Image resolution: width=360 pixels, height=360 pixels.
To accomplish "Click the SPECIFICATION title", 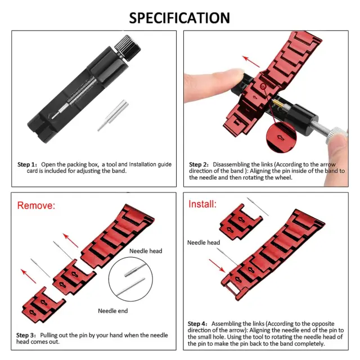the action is pyautogui.click(x=179, y=18).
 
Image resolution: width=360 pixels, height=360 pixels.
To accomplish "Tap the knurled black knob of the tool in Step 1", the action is pyautogui.click(x=128, y=48).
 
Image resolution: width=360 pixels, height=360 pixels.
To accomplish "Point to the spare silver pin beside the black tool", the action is pyautogui.click(x=112, y=115).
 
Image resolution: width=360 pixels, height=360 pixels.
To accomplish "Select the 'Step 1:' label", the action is pyautogui.click(x=27, y=164).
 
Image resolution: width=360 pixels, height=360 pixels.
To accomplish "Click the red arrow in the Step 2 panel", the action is pyautogui.click(x=251, y=61).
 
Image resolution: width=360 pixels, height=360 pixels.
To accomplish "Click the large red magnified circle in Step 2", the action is pyautogui.click(x=281, y=137).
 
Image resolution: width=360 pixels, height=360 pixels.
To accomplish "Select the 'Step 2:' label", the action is pyautogui.click(x=199, y=164).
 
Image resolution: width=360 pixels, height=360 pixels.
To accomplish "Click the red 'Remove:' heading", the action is pyautogui.click(x=36, y=205).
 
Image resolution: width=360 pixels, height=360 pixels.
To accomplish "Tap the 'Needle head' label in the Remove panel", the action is pyautogui.click(x=146, y=251).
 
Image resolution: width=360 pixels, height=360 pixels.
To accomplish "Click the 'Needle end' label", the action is pyautogui.click(x=112, y=311).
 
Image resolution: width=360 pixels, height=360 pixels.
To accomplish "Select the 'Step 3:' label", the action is pyautogui.click(x=26, y=335).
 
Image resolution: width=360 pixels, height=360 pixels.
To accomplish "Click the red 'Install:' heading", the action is pyautogui.click(x=202, y=204).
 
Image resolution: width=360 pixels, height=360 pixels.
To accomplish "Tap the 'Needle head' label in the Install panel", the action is pyautogui.click(x=204, y=242).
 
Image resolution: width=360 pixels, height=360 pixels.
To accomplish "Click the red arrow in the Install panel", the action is pyautogui.click(x=217, y=266).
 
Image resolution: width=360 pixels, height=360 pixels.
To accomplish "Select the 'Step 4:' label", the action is pyautogui.click(x=197, y=324).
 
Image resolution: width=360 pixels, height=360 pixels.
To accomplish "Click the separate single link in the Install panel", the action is pyautogui.click(x=240, y=222).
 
